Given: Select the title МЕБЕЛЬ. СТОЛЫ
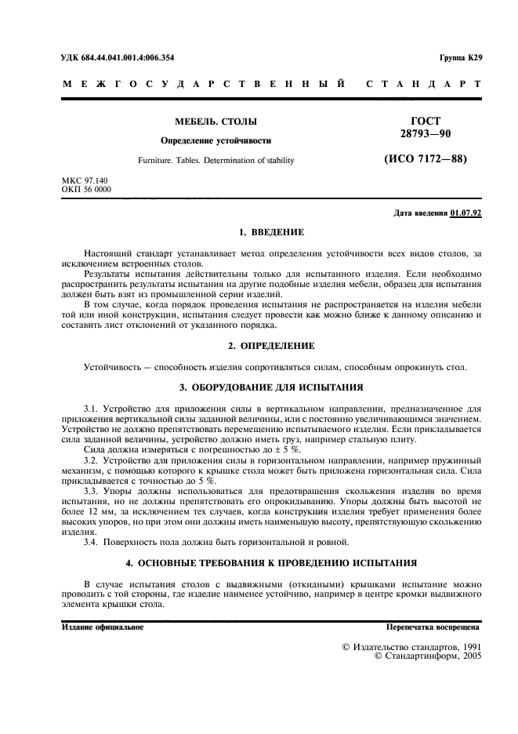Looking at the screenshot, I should pyautogui.click(x=216, y=122).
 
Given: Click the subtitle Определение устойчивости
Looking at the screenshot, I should pyautogui.click(x=216, y=141).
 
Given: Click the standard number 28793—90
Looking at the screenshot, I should pyautogui.click(x=425, y=135).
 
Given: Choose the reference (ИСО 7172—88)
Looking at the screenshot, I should pyautogui.click(x=425, y=159).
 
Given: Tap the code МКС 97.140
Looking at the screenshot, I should pyautogui.click(x=86, y=182).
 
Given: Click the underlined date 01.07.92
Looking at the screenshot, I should pyautogui.click(x=466, y=214).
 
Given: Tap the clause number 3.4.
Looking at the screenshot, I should pyautogui.click(x=92, y=543).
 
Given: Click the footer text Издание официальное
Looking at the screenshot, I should pyautogui.click(x=102, y=627).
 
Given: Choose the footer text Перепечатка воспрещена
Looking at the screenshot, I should pyautogui.click(x=433, y=627).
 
